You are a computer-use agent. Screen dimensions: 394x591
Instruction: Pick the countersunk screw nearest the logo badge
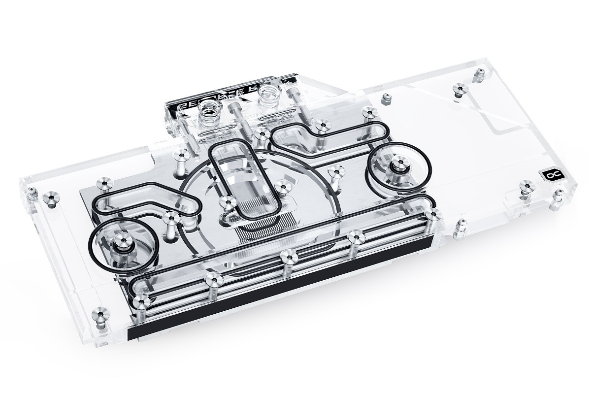(x=526, y=185)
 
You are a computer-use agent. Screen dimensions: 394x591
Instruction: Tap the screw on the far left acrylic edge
(x=49, y=198)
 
